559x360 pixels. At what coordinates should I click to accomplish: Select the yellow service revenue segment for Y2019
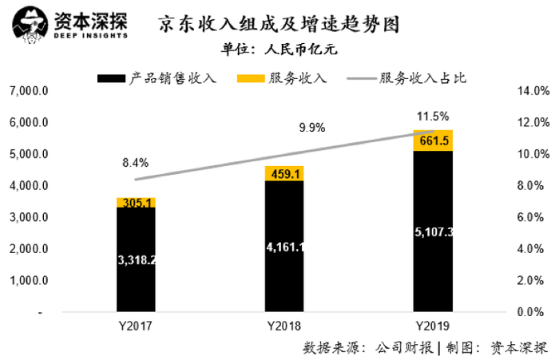point(432,140)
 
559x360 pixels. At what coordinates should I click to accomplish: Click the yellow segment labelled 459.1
point(283,173)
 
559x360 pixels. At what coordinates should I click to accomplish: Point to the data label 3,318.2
point(136,260)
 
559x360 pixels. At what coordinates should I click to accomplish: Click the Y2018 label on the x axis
point(283,326)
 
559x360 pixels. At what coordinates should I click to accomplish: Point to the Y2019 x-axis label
point(432,326)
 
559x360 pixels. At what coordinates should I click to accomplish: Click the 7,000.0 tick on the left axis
point(28,91)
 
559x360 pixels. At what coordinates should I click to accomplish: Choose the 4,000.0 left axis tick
point(28,186)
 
